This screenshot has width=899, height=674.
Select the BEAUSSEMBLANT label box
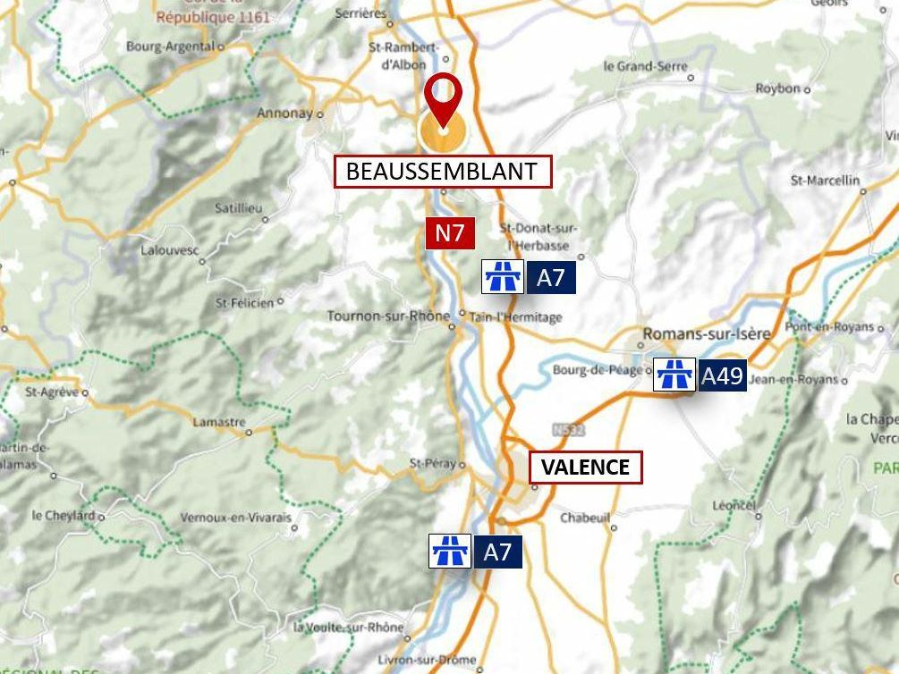point(442,171)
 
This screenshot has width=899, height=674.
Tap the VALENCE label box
point(586,467)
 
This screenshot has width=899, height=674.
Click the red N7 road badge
point(450,234)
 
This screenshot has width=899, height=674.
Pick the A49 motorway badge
point(721,375)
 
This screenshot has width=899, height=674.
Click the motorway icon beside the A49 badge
point(674,375)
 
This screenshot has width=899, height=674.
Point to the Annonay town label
point(284,114)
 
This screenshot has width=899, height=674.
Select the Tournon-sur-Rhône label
point(388,316)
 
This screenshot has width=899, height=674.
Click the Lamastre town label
point(218,422)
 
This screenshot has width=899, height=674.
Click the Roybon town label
point(777,88)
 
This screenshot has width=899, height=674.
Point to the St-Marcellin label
point(825,181)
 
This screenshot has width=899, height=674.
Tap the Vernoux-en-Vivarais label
point(236,518)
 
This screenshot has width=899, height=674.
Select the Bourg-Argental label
point(170,46)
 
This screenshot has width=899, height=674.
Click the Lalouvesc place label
point(168,250)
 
